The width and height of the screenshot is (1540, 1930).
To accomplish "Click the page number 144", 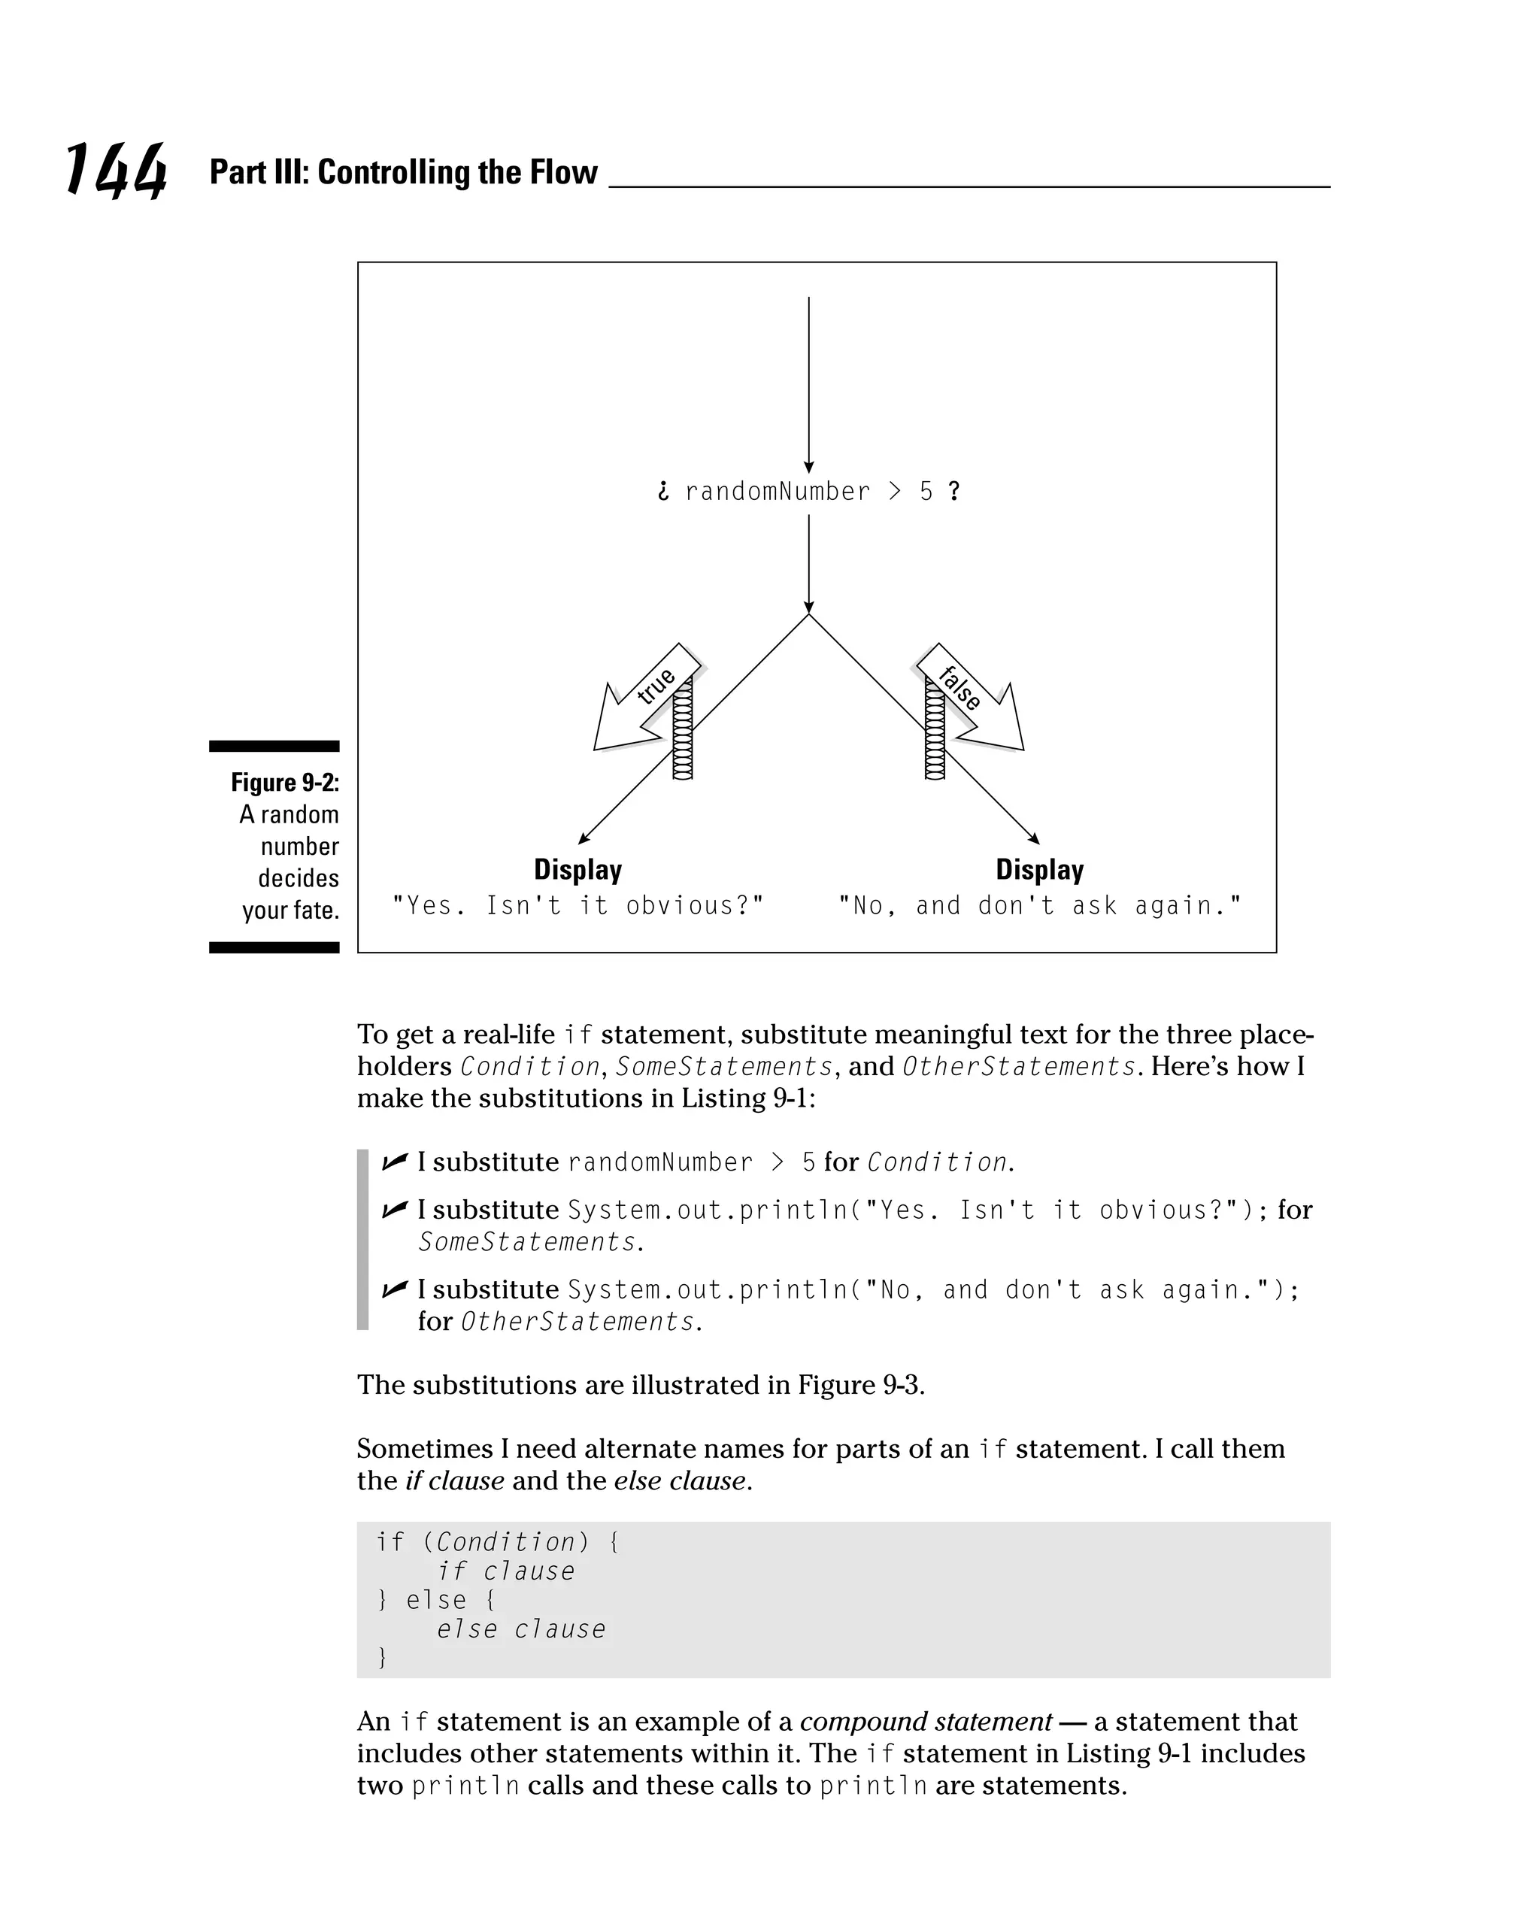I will pos(116,170).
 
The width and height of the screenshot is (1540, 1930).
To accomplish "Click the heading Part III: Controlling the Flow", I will pos(403,172).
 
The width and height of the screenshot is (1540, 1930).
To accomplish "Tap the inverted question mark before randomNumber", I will pos(662,492).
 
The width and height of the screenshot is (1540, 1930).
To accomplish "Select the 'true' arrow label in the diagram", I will pos(656,686).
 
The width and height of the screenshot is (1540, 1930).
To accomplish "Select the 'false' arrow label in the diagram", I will pos(959,687).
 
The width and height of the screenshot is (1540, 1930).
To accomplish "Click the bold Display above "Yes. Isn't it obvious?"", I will pos(577,869).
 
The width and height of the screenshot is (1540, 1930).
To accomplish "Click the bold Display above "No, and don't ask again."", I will pos(1039,869).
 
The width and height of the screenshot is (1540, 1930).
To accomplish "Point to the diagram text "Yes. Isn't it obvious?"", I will pos(578,906).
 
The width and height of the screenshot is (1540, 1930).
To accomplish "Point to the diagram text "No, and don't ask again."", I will pos(1039,906).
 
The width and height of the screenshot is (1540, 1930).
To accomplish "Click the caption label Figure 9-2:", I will pos(285,783).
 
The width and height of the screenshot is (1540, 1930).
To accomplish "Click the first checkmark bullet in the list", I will pos(394,1162).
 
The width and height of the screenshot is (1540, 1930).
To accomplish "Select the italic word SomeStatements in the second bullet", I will pos(527,1243).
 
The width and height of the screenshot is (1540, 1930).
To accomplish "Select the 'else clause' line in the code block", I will pos(521,1629).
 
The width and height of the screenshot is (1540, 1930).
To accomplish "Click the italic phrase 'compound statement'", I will pos(925,1722).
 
